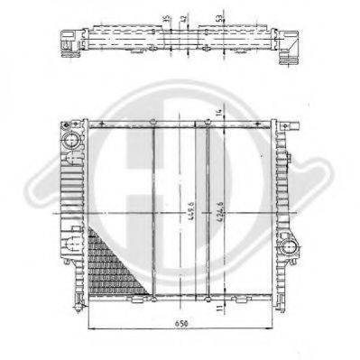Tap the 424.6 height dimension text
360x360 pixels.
[x=221, y=217]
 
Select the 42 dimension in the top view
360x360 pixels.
[x=185, y=18]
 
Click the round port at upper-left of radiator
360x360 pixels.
[x=71, y=140]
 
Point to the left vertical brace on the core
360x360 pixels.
[x=154, y=212]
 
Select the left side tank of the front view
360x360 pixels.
[x=74, y=212]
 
